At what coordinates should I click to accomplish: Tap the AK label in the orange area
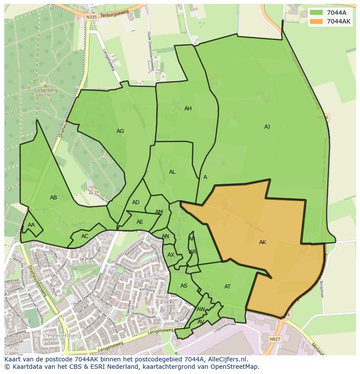point(262,242)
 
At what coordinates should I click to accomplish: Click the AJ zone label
point(267,127)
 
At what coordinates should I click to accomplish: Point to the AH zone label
point(188,109)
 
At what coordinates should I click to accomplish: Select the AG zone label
point(120,131)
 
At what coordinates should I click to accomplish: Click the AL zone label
point(172,172)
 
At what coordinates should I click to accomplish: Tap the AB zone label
point(53,198)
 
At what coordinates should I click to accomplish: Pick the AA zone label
point(31,225)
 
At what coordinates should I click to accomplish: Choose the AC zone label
point(85,236)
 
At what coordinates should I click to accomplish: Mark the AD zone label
point(136,202)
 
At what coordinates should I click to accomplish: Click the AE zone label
point(140,222)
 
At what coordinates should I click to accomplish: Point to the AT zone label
point(227,287)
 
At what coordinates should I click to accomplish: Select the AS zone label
point(184,286)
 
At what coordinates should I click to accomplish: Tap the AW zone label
point(200,309)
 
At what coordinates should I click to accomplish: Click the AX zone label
point(171,255)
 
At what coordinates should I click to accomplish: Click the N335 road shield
point(90,17)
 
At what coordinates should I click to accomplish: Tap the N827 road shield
point(275,339)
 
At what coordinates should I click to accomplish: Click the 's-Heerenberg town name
point(56,336)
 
